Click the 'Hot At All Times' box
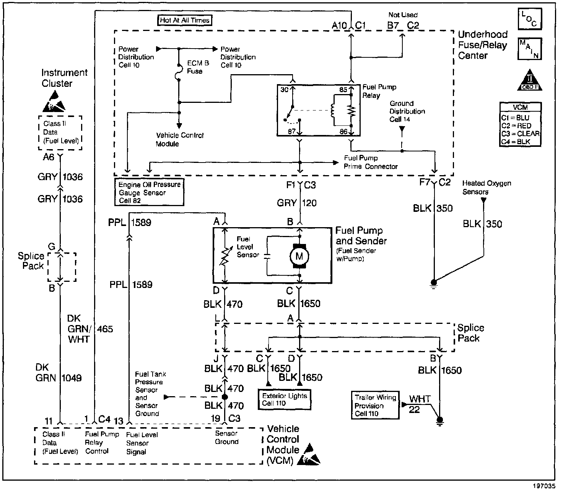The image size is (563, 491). click(x=185, y=20)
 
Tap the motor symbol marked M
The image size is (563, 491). click(x=299, y=256)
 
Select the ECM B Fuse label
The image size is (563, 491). click(x=198, y=67)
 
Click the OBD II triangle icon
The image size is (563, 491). click(x=530, y=80)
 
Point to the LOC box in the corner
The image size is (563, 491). click(x=530, y=19)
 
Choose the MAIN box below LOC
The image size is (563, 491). click(x=530, y=49)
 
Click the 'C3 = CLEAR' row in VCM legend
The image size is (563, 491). click(x=520, y=134)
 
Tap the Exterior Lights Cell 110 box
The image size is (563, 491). click(x=285, y=399)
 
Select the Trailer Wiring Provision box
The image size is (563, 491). click(x=375, y=405)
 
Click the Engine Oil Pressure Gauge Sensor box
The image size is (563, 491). click(x=149, y=192)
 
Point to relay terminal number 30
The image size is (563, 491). click(x=284, y=90)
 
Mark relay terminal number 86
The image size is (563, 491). click(x=343, y=132)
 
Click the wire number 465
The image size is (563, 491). click(x=105, y=329)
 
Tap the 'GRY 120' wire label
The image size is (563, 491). click(x=297, y=203)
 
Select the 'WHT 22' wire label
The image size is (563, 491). click(x=418, y=404)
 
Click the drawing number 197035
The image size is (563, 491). click(x=544, y=486)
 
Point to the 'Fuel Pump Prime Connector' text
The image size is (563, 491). click(x=371, y=162)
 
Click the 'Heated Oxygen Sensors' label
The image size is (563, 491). click(x=487, y=187)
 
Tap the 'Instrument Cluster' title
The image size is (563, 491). click(x=64, y=78)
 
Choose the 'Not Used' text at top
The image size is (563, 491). click(x=403, y=15)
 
